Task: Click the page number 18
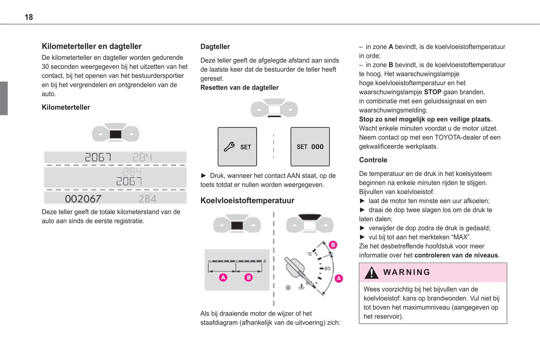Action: click(29, 17)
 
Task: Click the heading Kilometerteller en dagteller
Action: click(92, 46)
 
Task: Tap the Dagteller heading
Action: click(215, 47)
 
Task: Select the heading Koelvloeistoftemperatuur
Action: click(247, 201)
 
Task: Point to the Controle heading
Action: click(373, 160)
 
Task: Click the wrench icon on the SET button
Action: click(229, 147)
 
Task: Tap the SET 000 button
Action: click(310, 147)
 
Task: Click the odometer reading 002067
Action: click(83, 199)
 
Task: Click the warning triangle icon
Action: click(371, 273)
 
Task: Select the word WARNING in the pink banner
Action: click(407, 272)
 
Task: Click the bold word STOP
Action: click(432, 92)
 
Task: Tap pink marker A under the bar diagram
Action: click(223, 277)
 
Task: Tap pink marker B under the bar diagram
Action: click(249, 277)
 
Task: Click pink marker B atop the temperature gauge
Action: click(333, 245)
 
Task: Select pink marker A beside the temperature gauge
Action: click(339, 278)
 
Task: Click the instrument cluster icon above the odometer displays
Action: click(115, 133)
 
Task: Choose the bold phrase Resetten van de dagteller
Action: click(240, 87)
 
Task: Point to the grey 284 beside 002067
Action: click(147, 199)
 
